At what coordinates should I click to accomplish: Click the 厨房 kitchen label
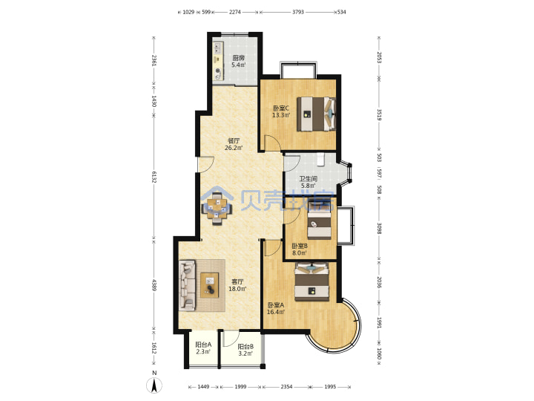pos(238,58)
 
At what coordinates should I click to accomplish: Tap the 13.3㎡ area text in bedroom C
pos(281,115)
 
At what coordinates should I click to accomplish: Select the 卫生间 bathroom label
pos(309,179)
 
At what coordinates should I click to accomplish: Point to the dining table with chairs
pos(217,209)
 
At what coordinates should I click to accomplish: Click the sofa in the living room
pos(188,285)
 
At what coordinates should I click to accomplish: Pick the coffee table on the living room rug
pos(210,285)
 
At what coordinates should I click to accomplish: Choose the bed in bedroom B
pos(319,224)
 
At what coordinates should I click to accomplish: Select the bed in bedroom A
pos(311,282)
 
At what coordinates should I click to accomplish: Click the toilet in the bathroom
pos(320,159)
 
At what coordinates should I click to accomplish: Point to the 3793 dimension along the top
pos(298,12)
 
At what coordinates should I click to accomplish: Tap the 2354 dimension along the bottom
pos(286,387)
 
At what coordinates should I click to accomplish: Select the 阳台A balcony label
pos(203,345)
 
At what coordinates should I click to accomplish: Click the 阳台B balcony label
pos(245,347)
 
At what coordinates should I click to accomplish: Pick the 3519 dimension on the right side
pos(380,115)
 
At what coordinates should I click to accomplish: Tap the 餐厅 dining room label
pos(234,140)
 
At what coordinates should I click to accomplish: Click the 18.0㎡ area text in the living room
pos(237,289)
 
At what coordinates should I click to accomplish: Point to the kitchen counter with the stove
pos(218,62)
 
